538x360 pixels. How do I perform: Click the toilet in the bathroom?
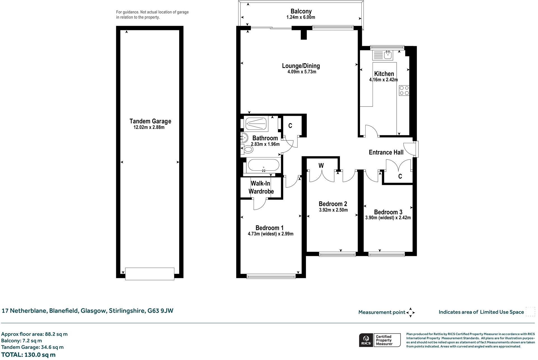point(247,149)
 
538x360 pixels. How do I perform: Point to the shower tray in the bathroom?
point(256,123)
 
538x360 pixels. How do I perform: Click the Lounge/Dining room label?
point(301,66)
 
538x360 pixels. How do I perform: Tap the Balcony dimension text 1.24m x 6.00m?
point(301,17)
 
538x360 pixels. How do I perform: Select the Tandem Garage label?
point(150,121)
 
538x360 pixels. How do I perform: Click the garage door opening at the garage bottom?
point(150,274)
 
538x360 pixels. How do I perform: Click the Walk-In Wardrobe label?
point(261,187)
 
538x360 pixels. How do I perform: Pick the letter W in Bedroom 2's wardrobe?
point(321,166)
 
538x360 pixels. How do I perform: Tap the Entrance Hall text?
point(386,152)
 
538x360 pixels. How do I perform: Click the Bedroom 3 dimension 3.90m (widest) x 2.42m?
point(388,218)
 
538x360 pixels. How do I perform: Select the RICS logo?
point(366,340)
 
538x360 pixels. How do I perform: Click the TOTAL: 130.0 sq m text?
point(28,355)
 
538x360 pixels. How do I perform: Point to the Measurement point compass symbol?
point(411,312)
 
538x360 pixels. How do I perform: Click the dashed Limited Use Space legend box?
point(530,312)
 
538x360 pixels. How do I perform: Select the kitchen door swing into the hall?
point(372,131)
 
